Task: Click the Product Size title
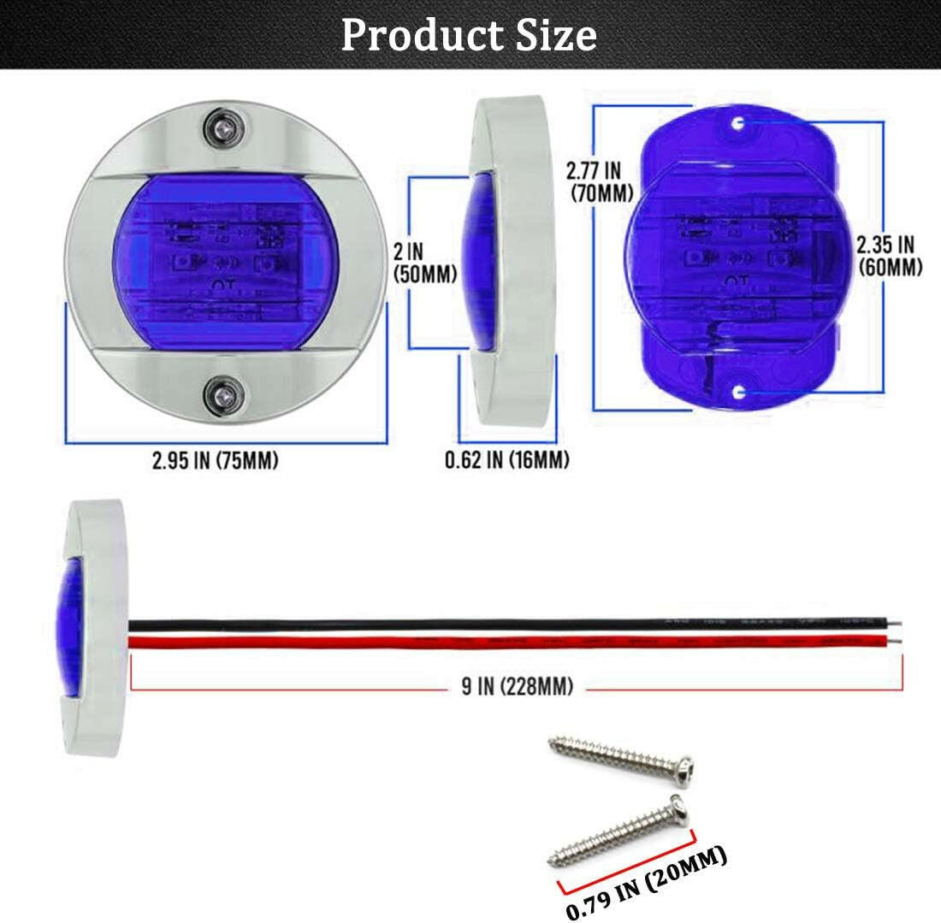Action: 469,35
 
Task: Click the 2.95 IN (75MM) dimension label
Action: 216,461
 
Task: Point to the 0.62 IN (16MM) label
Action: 506,460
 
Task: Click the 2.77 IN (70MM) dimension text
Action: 601,181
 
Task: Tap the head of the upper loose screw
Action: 681,771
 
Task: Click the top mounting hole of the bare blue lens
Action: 737,125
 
